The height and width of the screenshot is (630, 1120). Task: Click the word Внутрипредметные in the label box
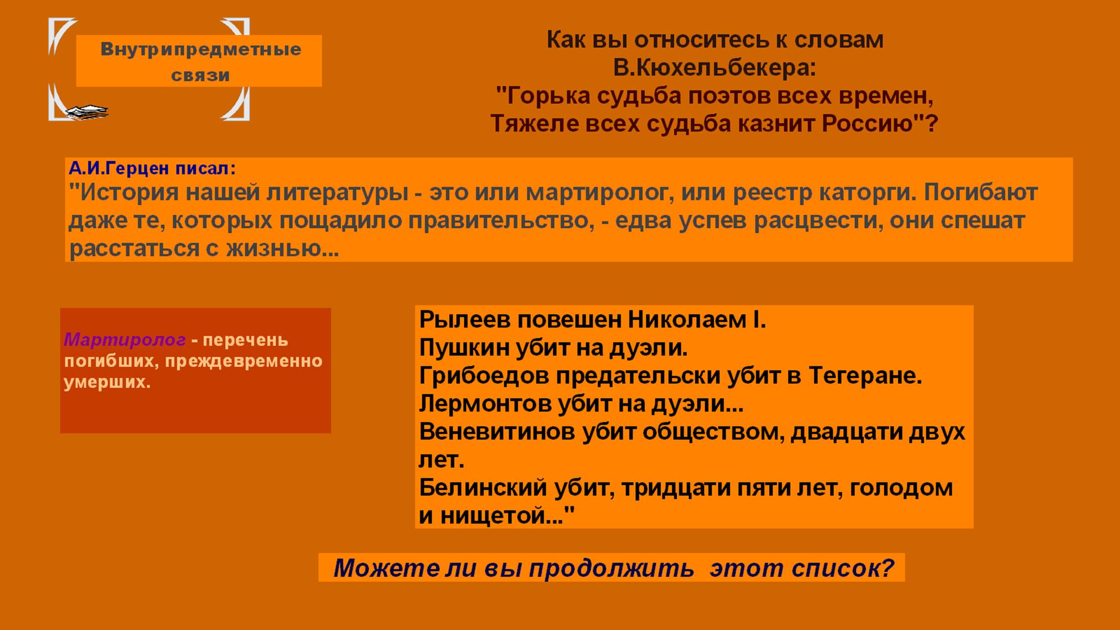[201, 50]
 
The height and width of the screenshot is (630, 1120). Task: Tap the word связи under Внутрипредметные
[201, 76]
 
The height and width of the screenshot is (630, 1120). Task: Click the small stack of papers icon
[87, 112]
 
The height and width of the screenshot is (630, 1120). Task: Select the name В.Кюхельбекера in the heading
[715, 68]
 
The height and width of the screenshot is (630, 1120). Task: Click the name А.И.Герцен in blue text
[119, 169]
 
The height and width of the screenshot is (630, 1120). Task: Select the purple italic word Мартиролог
[125, 340]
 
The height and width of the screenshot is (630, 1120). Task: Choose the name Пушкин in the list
[464, 348]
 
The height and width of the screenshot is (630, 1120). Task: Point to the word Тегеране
[865, 376]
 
